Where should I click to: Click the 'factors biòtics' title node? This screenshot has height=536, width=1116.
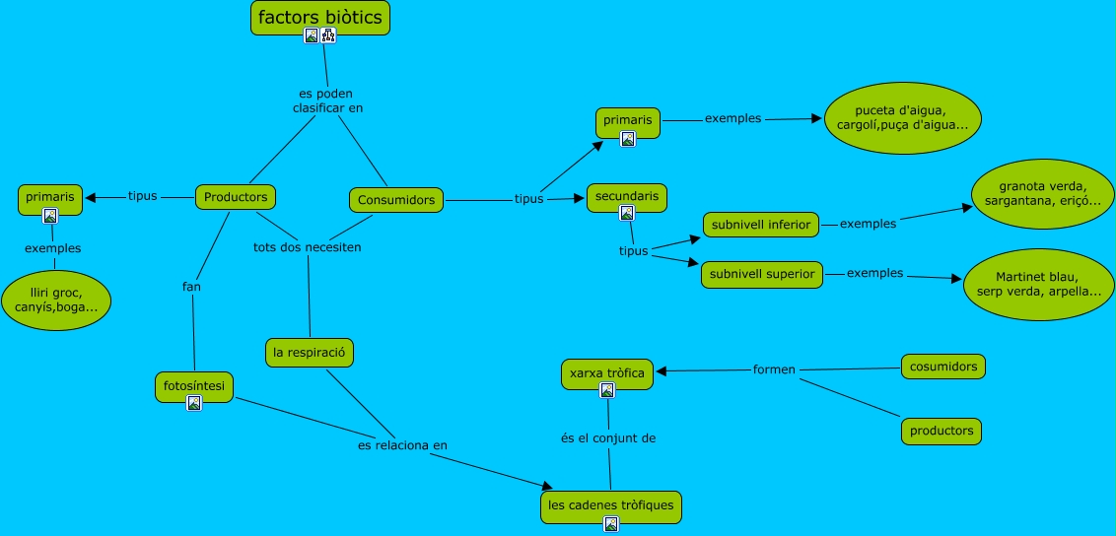click(x=320, y=18)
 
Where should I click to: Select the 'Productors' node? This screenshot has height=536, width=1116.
click(x=236, y=197)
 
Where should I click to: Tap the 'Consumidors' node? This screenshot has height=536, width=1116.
click(x=396, y=200)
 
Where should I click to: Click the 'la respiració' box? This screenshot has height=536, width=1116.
click(x=310, y=353)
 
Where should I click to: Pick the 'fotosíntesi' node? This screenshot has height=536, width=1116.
click(x=194, y=387)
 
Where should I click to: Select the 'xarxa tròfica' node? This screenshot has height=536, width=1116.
click(x=607, y=374)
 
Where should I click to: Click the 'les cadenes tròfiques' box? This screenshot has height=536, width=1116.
click(x=610, y=506)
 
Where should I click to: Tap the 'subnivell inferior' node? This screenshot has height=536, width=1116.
click(x=761, y=225)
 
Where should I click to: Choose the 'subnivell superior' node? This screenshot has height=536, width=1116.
click(x=761, y=274)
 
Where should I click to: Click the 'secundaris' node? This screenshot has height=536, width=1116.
click(x=627, y=198)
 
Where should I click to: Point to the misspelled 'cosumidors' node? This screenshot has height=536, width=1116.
click(x=943, y=367)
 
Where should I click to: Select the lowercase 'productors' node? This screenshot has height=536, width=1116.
click(x=941, y=431)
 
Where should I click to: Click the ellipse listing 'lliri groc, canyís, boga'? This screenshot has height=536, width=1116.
click(x=56, y=300)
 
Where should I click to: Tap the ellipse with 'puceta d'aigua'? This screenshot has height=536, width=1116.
click(x=902, y=118)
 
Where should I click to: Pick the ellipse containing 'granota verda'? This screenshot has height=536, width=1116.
click(x=1043, y=194)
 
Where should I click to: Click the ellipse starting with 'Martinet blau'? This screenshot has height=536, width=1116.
click(x=1038, y=285)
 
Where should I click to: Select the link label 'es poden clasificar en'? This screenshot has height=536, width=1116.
click(x=327, y=100)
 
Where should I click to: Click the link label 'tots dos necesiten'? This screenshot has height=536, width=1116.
click(x=308, y=247)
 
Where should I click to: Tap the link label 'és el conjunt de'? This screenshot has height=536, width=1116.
click(x=608, y=438)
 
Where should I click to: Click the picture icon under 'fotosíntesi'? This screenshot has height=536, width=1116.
click(x=194, y=403)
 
